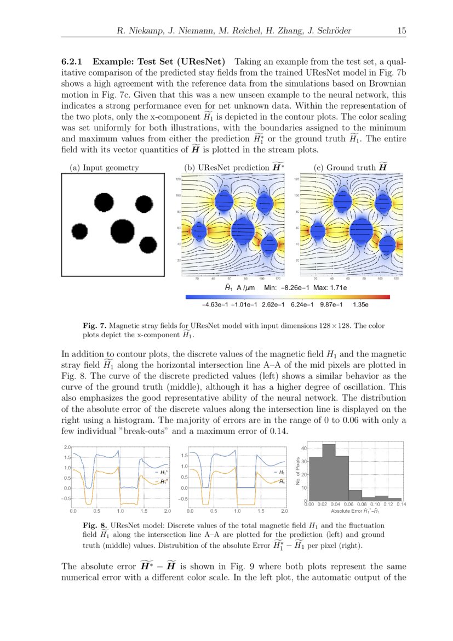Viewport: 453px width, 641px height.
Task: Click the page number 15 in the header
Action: (x=402, y=31)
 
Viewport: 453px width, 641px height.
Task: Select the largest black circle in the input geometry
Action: (x=122, y=231)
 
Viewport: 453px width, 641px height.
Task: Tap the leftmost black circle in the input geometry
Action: (x=79, y=231)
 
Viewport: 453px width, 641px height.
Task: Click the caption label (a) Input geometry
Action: (x=104, y=168)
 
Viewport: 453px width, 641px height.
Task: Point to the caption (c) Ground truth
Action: (x=351, y=167)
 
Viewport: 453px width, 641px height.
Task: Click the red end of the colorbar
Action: (x=387, y=297)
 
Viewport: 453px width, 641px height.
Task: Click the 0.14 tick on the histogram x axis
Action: (x=401, y=503)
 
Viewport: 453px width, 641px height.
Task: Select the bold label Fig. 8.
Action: (x=91, y=525)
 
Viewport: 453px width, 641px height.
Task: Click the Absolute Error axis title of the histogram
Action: (x=355, y=510)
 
